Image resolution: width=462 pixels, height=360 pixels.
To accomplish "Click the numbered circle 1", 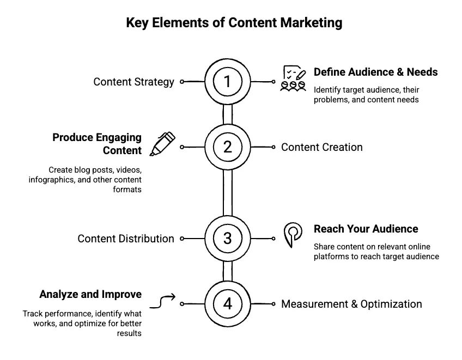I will tap(228, 82).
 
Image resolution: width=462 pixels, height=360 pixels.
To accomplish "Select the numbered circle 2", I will tap(228, 147).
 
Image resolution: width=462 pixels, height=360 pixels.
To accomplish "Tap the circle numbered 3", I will tap(228, 239).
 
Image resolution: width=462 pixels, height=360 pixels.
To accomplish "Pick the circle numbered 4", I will tap(228, 304).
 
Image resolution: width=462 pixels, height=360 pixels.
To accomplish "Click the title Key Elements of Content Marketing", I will tap(234, 23).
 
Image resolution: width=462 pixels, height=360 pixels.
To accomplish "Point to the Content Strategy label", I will tap(133, 82).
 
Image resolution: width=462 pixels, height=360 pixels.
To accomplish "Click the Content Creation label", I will tap(321, 147).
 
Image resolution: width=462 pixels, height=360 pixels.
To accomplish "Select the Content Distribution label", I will tap(126, 239).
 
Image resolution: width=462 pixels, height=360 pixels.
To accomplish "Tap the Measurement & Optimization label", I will tap(351, 304).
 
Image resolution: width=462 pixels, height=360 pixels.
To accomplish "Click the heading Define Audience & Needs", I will tap(375, 72).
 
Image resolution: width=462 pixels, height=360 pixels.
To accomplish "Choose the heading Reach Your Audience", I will tap(366, 229).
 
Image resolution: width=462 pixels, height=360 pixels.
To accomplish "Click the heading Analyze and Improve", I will tap(90, 294).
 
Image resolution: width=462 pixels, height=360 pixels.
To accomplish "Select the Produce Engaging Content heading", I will tap(97, 144).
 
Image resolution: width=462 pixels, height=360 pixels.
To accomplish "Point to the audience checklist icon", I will tap(293, 78).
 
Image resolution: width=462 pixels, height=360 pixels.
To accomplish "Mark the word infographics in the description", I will tap(52, 180).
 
